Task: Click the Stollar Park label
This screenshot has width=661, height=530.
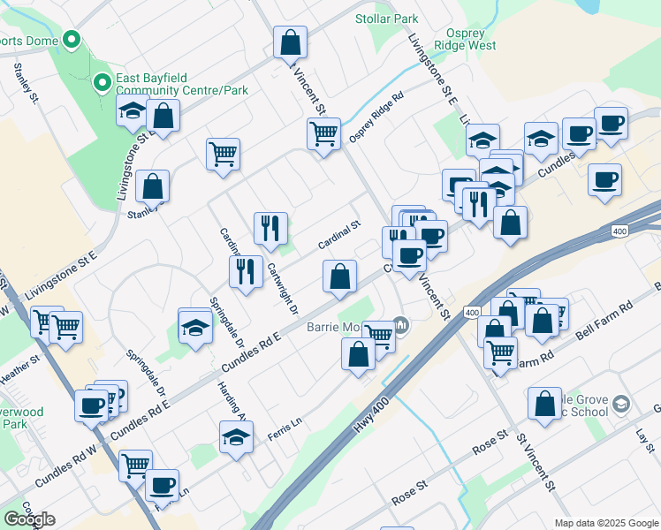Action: tap(386, 19)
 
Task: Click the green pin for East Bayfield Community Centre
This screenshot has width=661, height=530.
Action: tap(103, 83)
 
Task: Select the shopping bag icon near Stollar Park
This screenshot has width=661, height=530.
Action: tap(290, 41)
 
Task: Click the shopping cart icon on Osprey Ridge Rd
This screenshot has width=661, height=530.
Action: tap(324, 134)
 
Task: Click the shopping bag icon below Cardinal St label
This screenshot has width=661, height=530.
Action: tap(340, 276)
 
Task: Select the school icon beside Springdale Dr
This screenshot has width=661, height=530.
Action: tap(195, 328)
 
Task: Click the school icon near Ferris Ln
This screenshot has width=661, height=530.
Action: tap(236, 437)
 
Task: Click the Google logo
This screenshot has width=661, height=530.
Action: tap(30, 519)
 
